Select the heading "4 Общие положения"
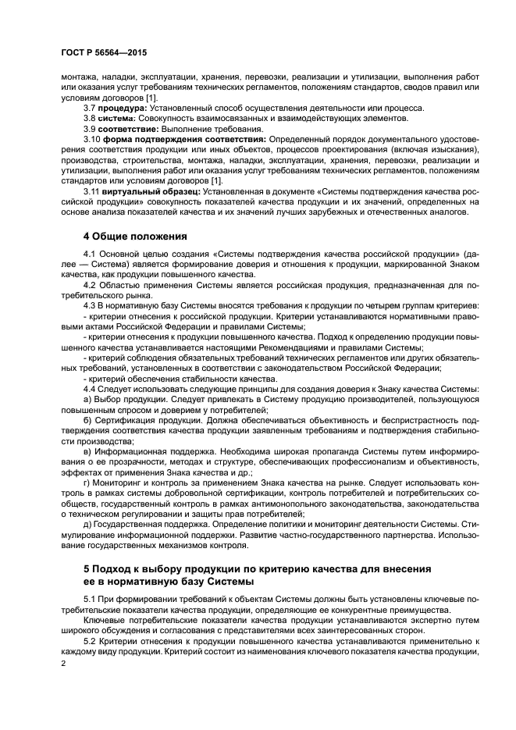(134, 235)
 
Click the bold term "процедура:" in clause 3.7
(117, 108)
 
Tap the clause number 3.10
(92, 138)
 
